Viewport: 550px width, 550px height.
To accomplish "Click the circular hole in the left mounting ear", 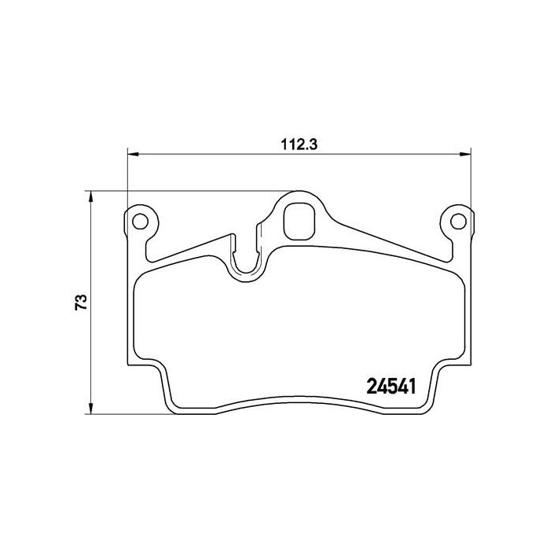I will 141,220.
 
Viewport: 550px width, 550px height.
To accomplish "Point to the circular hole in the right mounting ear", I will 453,220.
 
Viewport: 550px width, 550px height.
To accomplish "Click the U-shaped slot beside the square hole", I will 247,251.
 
